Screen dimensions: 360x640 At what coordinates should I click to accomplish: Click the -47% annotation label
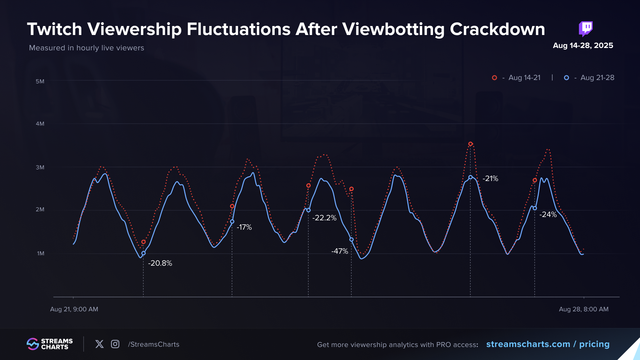pyautogui.click(x=340, y=251)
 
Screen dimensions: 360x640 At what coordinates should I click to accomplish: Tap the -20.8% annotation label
pyautogui.click(x=160, y=263)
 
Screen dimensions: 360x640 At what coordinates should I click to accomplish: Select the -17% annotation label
pyautogui.click(x=244, y=227)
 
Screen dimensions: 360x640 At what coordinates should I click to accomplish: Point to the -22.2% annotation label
pyautogui.click(x=324, y=218)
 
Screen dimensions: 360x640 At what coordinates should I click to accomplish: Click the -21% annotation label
pyautogui.click(x=490, y=178)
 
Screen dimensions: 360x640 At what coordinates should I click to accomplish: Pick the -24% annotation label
pyautogui.click(x=548, y=214)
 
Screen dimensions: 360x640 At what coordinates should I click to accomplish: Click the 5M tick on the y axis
pyautogui.click(x=40, y=81)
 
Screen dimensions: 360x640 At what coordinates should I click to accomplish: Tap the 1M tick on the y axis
pyautogui.click(x=41, y=253)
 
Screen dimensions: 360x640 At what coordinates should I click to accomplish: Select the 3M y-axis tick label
pyautogui.click(x=40, y=167)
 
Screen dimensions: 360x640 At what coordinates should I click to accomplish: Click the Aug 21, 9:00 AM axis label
pyautogui.click(x=74, y=309)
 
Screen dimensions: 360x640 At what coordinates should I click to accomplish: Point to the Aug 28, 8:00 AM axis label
pyautogui.click(x=584, y=309)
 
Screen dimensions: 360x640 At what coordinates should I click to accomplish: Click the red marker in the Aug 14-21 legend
pyautogui.click(x=495, y=78)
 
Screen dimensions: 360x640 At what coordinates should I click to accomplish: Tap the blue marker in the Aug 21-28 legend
pyautogui.click(x=566, y=78)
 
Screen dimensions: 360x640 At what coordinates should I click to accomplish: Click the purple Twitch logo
pyautogui.click(x=586, y=29)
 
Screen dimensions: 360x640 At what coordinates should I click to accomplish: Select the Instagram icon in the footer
pyautogui.click(x=115, y=344)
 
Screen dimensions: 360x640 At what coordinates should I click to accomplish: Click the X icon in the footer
pyautogui.click(x=99, y=344)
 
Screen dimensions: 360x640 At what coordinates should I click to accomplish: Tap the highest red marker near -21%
pyautogui.click(x=470, y=144)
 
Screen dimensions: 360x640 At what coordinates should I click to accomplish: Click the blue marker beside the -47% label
pyautogui.click(x=351, y=239)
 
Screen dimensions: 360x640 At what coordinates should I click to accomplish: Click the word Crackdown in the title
pyautogui.click(x=497, y=29)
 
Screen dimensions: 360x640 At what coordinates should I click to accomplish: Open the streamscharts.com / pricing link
pyautogui.click(x=548, y=344)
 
